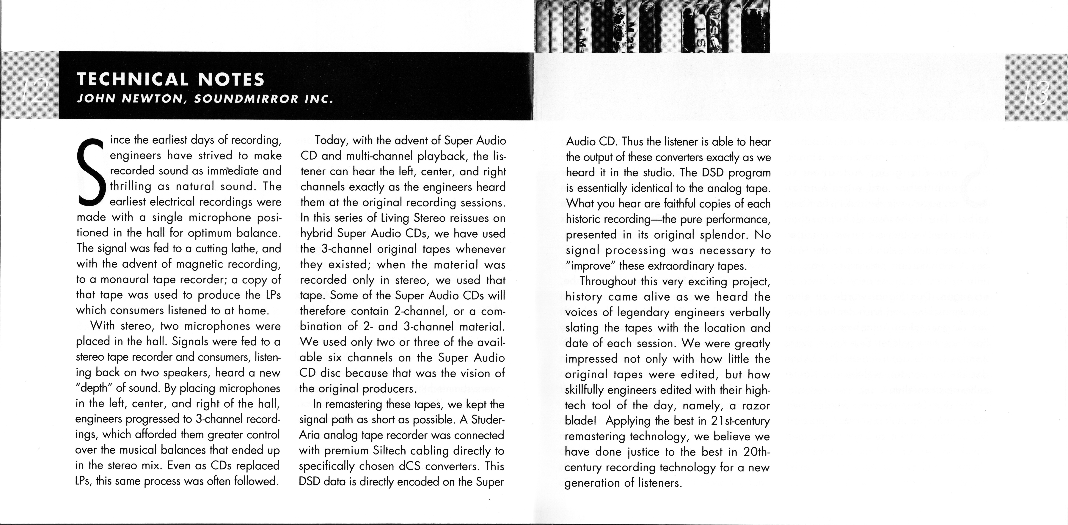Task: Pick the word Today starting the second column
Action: (x=332, y=141)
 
